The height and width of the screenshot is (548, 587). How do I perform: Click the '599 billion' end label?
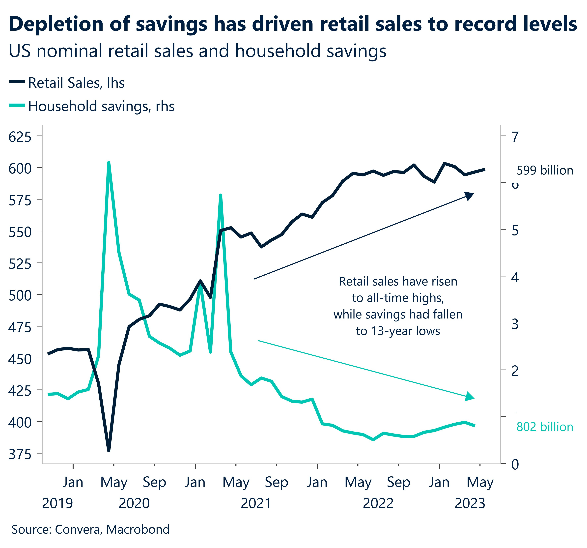[x=545, y=171]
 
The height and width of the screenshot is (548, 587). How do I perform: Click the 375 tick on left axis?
[x=20, y=455]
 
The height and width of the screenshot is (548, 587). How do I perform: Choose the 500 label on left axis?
[x=20, y=296]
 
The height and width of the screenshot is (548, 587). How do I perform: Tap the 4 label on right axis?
[x=515, y=278]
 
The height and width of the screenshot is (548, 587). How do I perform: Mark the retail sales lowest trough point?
[x=108, y=450]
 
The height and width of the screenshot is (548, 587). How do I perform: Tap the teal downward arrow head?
[x=470, y=397]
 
